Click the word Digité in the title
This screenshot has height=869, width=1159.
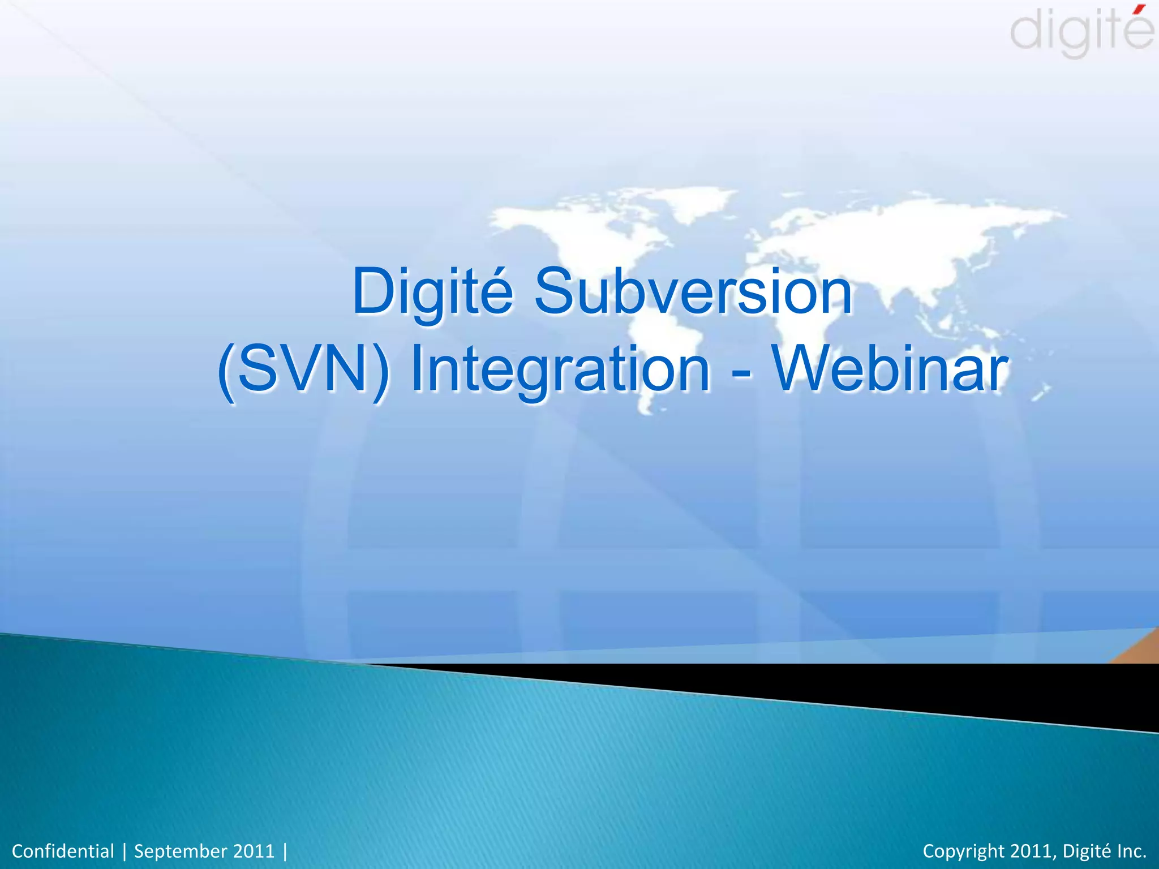[x=432, y=292]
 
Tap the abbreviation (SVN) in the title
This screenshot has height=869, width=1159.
[x=304, y=369]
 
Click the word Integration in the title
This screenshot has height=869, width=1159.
[x=560, y=369]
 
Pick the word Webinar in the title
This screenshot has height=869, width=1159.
[x=891, y=369]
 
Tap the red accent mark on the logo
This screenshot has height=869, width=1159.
[x=1140, y=8]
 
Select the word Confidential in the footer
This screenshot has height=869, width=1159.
[x=63, y=851]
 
